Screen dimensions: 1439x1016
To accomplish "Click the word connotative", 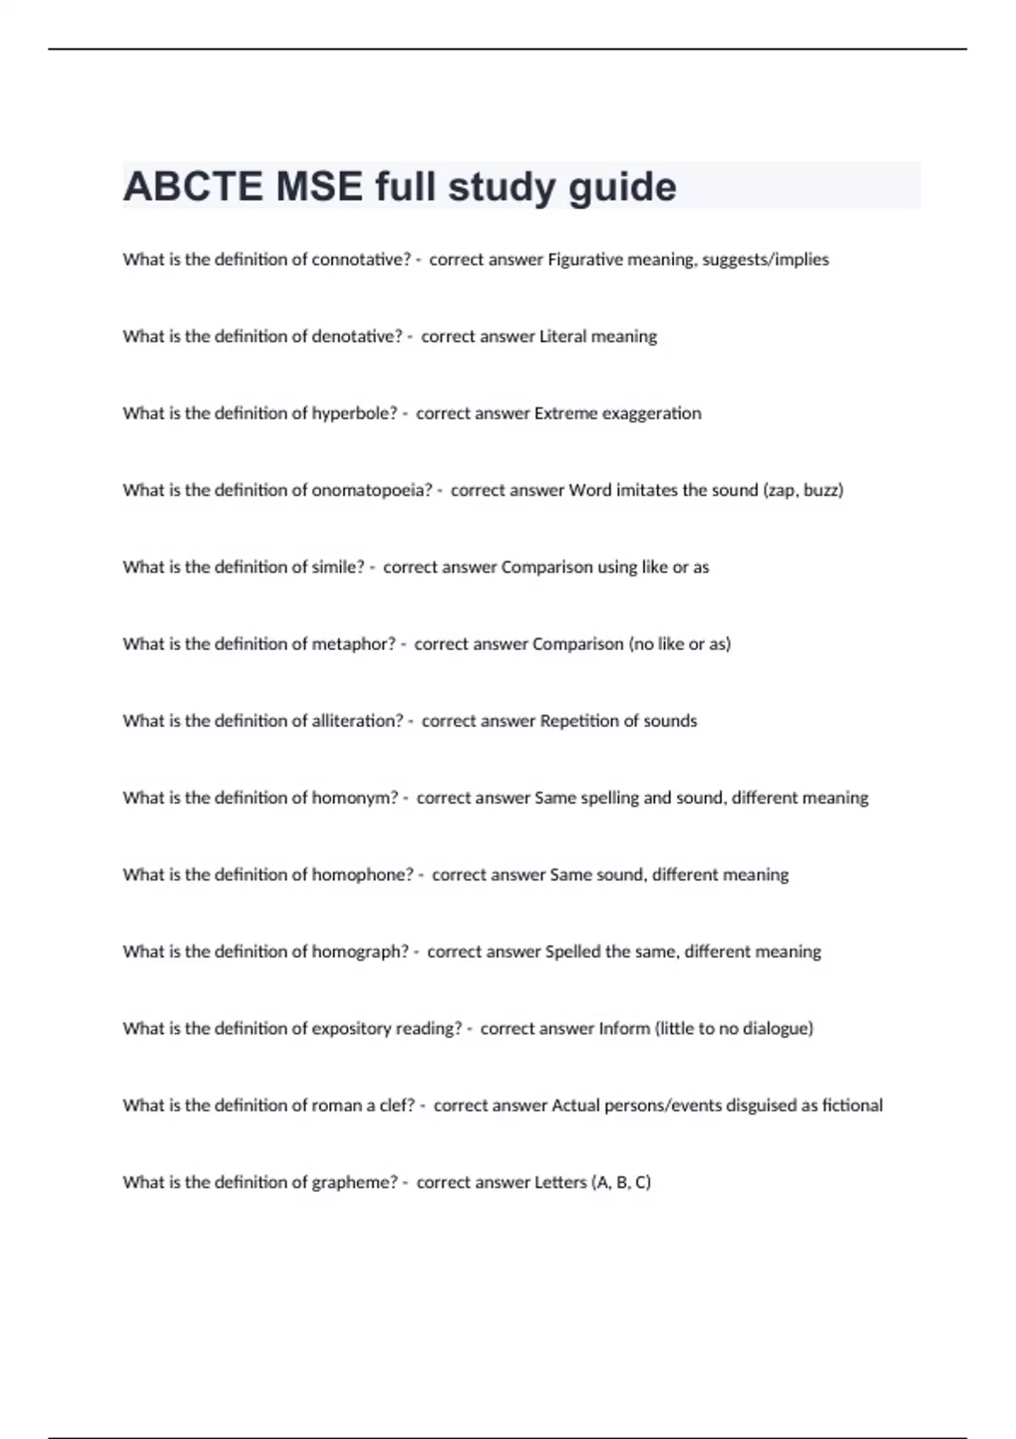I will [361, 260].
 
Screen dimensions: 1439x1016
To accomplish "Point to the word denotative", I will [356, 337].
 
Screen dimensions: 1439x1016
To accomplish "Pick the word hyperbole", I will [354, 414].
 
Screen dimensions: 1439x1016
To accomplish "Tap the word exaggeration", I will [652, 414].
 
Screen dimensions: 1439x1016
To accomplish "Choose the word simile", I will [338, 568].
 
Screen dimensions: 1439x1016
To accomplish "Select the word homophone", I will [362, 875].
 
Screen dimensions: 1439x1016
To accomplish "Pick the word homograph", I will [360, 952].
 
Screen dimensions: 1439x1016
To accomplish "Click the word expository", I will [351, 1029].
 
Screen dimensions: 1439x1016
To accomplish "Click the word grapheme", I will [354, 1183].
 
